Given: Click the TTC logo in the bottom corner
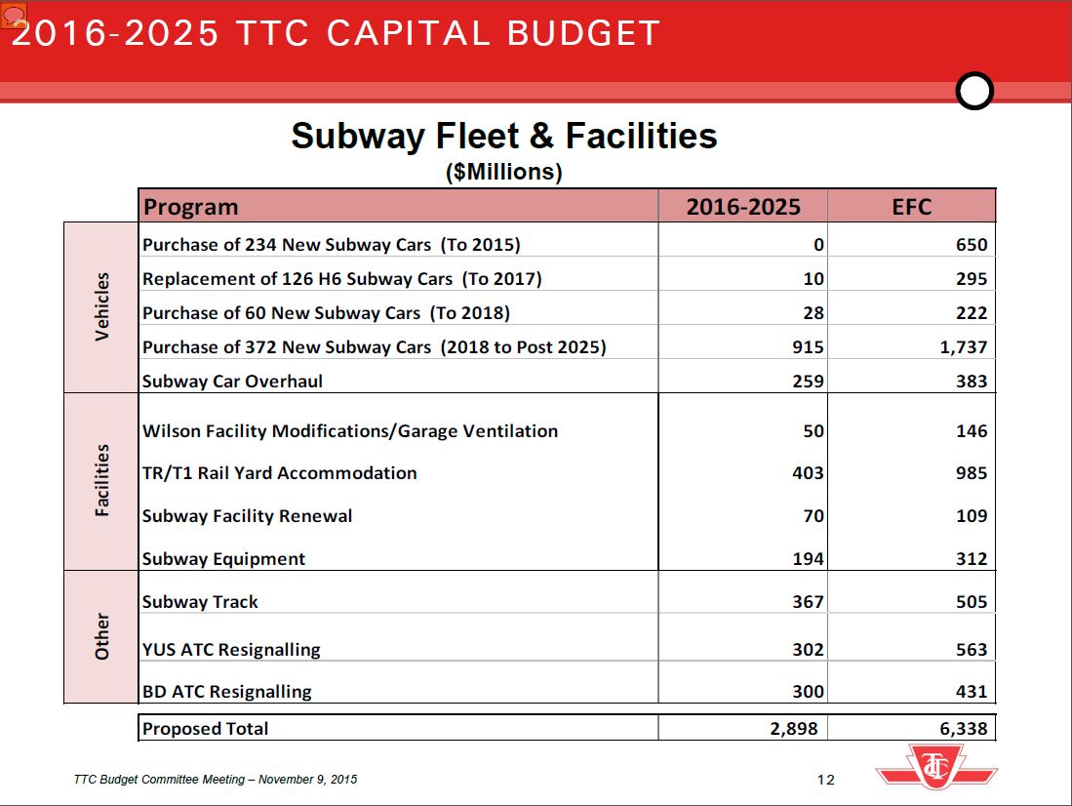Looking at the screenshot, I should coord(936,766).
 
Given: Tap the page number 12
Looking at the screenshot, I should coord(826,779).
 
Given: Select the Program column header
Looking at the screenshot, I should coord(191,207).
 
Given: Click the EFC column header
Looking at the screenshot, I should coord(911,207).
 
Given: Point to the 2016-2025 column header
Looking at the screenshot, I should coord(743,207).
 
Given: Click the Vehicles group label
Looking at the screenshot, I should coord(102,307).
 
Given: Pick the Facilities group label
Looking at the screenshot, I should coord(102,481).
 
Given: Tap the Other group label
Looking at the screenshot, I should coord(102,636).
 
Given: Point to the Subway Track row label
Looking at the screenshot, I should coord(200,602).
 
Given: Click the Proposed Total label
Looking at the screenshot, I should coord(205,729).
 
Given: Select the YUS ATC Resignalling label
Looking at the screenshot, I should coord(231,650).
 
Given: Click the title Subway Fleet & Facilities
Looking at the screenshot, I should coord(504,136).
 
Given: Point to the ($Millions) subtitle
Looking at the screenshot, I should coord(504,173).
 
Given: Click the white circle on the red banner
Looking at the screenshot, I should coord(974,91).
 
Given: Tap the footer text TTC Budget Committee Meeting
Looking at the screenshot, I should coord(216,780).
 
